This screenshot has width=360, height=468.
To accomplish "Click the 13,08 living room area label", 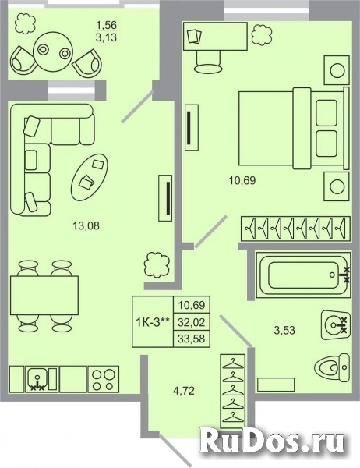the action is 86,226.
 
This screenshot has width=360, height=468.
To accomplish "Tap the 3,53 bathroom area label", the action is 284,330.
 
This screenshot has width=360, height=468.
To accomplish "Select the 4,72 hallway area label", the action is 183,391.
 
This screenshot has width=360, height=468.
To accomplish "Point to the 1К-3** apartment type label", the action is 153,322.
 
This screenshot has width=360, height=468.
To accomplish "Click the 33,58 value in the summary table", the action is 192,339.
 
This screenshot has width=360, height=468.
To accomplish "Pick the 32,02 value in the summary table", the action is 192,322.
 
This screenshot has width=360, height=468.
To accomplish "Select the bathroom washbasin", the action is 336,325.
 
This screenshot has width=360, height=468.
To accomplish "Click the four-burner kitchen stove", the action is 104,379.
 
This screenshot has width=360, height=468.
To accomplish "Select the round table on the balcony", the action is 53,51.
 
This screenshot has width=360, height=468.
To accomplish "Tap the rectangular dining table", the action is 44,295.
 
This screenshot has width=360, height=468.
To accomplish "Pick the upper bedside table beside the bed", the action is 337,70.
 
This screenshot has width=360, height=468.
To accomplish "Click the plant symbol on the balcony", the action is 26,23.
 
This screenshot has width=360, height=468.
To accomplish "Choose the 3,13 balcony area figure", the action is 106,37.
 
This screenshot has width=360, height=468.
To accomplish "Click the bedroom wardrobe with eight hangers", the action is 295,229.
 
